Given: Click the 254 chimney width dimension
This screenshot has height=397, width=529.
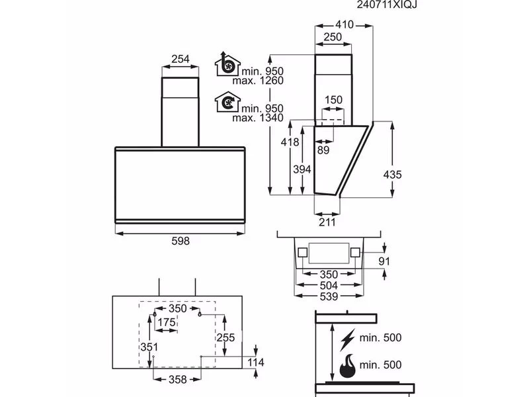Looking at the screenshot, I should click(181, 60).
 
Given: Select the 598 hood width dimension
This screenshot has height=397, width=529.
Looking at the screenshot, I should click(180, 242).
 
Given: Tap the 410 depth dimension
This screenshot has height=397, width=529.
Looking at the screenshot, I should click(345, 25).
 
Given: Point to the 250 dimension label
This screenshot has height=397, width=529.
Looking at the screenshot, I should click(333, 38).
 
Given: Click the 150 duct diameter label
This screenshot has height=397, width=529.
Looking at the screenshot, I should click(334, 100).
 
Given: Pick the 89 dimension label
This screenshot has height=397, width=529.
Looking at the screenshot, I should click(323, 150).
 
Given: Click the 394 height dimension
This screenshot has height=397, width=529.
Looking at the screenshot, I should click(302, 170).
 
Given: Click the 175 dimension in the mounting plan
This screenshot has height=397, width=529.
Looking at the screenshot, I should click(167, 322).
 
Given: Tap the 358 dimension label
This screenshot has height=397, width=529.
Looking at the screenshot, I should click(177, 379).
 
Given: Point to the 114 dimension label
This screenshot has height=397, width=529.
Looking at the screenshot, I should click(255, 363).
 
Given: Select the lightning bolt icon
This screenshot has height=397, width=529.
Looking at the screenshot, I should click(346, 339).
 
